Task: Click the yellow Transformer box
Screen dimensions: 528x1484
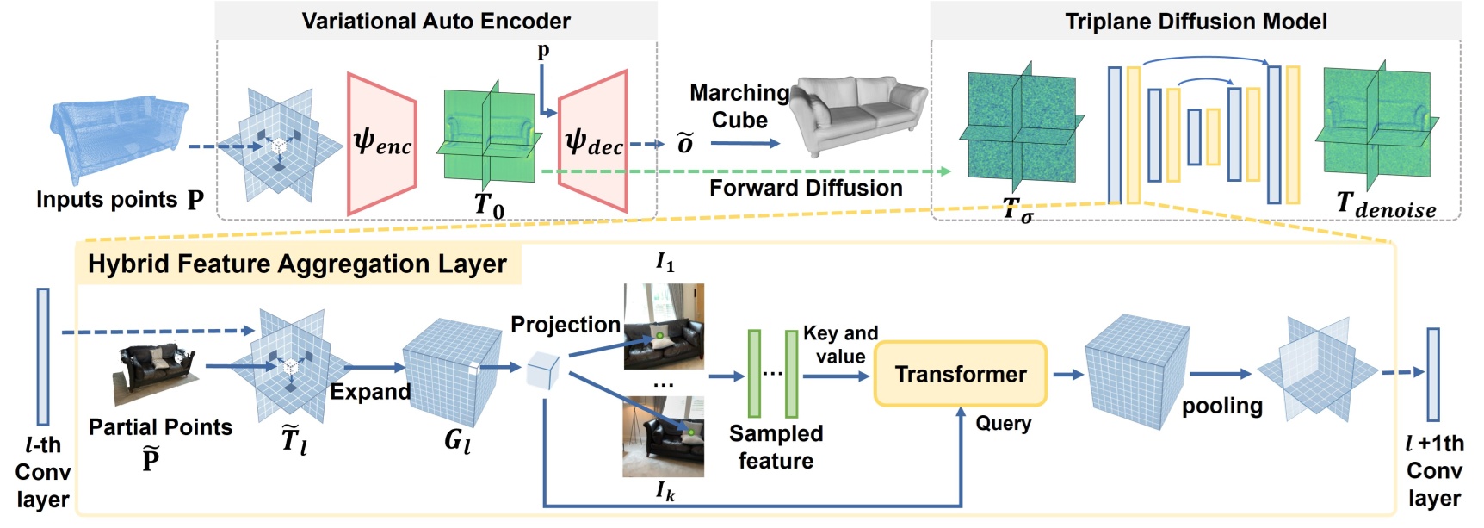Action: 960,374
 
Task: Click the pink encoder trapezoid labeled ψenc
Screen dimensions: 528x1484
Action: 381,143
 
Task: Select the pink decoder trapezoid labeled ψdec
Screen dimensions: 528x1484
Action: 593,143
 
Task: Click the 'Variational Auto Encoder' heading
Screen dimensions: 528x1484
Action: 436,21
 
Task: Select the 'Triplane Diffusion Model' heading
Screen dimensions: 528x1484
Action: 1196,21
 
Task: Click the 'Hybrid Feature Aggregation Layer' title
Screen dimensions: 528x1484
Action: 297,264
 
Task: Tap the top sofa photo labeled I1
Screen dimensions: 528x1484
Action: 663,326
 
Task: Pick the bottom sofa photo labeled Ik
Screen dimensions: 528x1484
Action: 663,437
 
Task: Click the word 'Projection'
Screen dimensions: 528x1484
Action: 565,325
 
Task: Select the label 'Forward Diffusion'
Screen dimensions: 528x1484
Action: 805,188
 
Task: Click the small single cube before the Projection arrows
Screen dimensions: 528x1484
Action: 542,370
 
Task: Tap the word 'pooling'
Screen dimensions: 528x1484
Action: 1221,406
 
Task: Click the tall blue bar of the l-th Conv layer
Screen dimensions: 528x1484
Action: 43,356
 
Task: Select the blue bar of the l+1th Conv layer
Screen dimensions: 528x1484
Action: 1432,374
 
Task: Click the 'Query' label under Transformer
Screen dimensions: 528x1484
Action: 1003,423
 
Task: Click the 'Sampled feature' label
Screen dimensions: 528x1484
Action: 776,446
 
